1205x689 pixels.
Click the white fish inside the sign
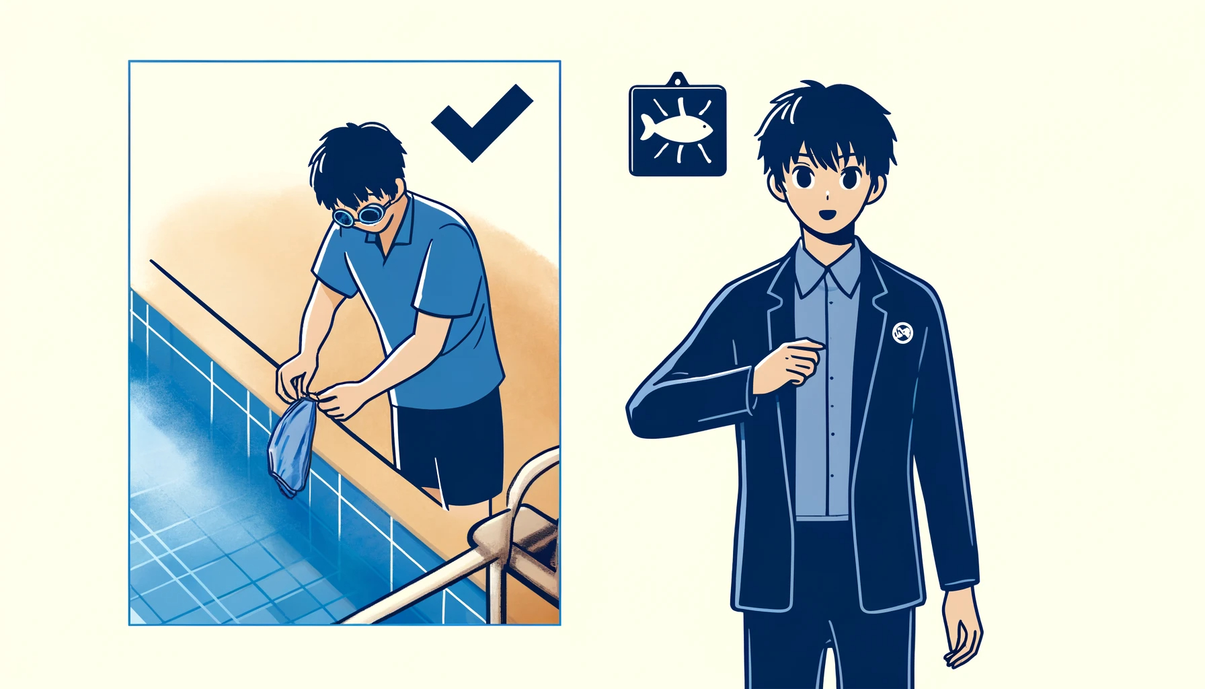coord(675,127)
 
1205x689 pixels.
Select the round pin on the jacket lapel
coord(902,332)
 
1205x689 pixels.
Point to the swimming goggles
coord(359,216)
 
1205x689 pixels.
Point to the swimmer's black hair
coord(356,161)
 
